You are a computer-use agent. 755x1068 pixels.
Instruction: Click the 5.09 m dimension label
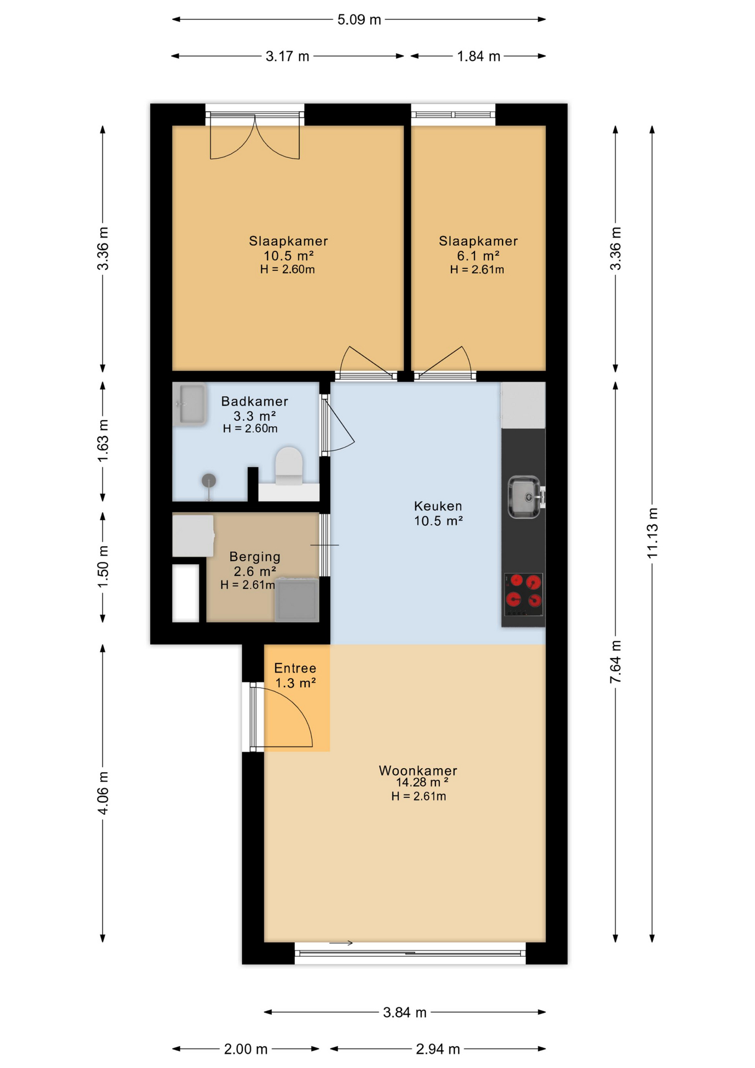(x=359, y=19)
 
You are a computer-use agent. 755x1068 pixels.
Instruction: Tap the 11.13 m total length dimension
(x=652, y=533)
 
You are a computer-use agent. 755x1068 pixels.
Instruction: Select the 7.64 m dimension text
(x=615, y=662)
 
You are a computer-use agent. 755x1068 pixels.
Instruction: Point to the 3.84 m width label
(x=405, y=1012)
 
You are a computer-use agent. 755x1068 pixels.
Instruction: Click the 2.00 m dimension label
(x=246, y=1049)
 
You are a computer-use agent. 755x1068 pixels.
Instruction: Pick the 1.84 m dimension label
(x=479, y=56)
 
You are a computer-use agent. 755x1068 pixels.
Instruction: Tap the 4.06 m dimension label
(x=103, y=793)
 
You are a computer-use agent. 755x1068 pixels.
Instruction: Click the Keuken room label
(x=438, y=506)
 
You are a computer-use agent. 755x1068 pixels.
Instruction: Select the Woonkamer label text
(x=418, y=770)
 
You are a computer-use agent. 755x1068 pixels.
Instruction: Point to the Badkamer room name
(x=255, y=401)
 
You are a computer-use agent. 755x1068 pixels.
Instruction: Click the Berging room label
(x=255, y=557)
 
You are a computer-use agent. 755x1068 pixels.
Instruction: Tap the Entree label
(x=295, y=668)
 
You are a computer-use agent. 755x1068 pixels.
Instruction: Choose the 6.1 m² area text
(x=478, y=256)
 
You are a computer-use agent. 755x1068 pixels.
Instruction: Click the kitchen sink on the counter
(x=524, y=497)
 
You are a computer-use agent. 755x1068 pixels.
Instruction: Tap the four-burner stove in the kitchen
(x=524, y=595)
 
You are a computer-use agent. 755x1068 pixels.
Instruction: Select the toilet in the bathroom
(x=289, y=466)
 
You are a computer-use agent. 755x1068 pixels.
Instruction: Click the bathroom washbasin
(x=190, y=404)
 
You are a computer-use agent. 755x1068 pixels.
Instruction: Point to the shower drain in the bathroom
(x=208, y=481)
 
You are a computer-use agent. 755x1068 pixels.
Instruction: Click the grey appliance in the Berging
(x=297, y=600)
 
